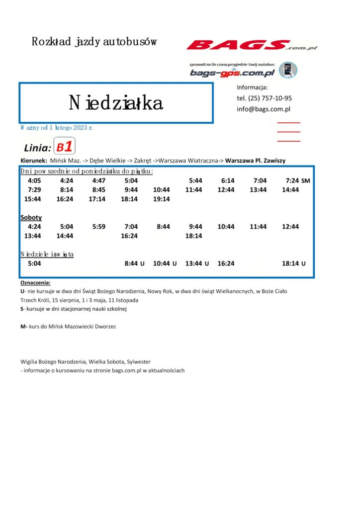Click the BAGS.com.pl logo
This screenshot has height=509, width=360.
(252, 45)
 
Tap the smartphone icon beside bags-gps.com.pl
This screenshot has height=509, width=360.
(288, 70)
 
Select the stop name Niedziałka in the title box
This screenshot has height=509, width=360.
(116, 103)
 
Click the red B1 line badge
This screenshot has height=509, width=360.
(64, 147)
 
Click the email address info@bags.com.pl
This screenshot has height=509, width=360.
(264, 109)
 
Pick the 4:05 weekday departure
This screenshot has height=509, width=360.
(34, 180)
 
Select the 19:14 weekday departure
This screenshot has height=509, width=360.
(162, 199)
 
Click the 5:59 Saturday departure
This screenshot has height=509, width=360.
(98, 226)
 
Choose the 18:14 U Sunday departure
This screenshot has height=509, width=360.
(293, 263)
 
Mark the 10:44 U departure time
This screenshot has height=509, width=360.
(165, 263)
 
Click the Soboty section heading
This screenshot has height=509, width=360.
(31, 217)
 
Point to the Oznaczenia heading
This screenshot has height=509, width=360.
(35, 282)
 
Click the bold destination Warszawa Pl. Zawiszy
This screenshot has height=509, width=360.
(255, 161)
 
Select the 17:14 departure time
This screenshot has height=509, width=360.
(97, 199)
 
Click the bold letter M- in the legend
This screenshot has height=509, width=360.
(23, 327)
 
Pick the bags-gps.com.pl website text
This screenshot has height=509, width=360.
(232, 73)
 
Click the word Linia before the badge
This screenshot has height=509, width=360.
(37, 148)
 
